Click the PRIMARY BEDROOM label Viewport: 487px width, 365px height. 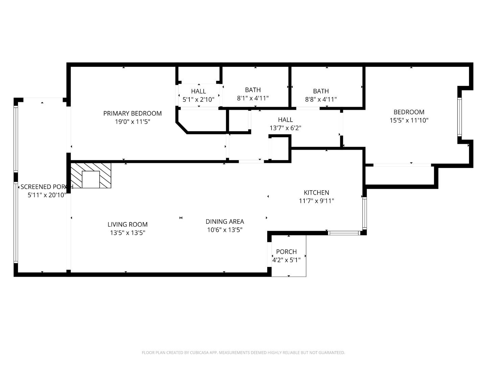point(132,113)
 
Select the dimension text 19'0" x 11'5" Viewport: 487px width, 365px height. point(132,122)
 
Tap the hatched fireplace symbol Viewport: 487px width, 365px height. point(91,175)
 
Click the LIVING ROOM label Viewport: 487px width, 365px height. point(127,224)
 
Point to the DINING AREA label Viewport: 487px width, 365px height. point(225,222)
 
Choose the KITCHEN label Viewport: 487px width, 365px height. point(316,193)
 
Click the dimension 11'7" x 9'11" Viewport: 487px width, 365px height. point(316,201)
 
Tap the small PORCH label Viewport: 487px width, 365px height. point(286,252)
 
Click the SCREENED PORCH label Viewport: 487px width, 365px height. point(46,187)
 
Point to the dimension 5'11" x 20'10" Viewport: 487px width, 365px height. point(47,195)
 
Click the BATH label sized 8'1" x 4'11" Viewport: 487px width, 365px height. point(253,90)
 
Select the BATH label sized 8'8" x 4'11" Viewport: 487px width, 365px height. point(321,91)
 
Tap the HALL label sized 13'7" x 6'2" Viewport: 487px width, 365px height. point(285,120)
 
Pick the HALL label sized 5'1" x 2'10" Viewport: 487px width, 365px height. point(199,91)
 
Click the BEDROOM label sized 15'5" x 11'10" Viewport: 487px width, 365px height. point(409,112)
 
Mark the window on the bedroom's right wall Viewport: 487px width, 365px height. point(459,117)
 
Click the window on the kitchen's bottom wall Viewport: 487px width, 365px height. point(344,233)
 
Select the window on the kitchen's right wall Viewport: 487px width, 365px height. point(364,213)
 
